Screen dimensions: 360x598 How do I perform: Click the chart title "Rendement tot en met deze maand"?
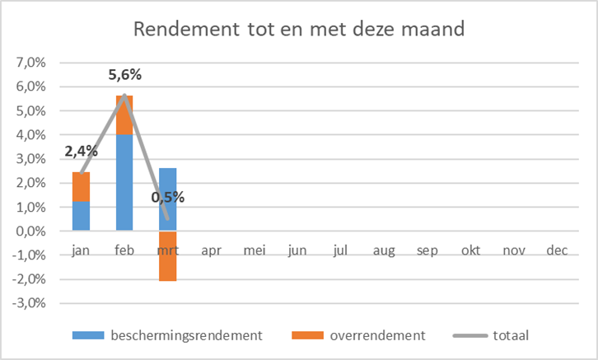(298, 30)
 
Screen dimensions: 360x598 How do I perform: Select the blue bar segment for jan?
(81, 216)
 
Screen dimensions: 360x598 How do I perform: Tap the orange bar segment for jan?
(81, 187)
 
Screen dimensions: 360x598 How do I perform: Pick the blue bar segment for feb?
(124, 182)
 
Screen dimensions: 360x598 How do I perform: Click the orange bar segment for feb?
(124, 115)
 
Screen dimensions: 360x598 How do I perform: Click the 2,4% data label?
(81, 152)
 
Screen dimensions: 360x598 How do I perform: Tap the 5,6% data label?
(125, 75)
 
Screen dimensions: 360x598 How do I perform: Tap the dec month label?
(557, 250)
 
